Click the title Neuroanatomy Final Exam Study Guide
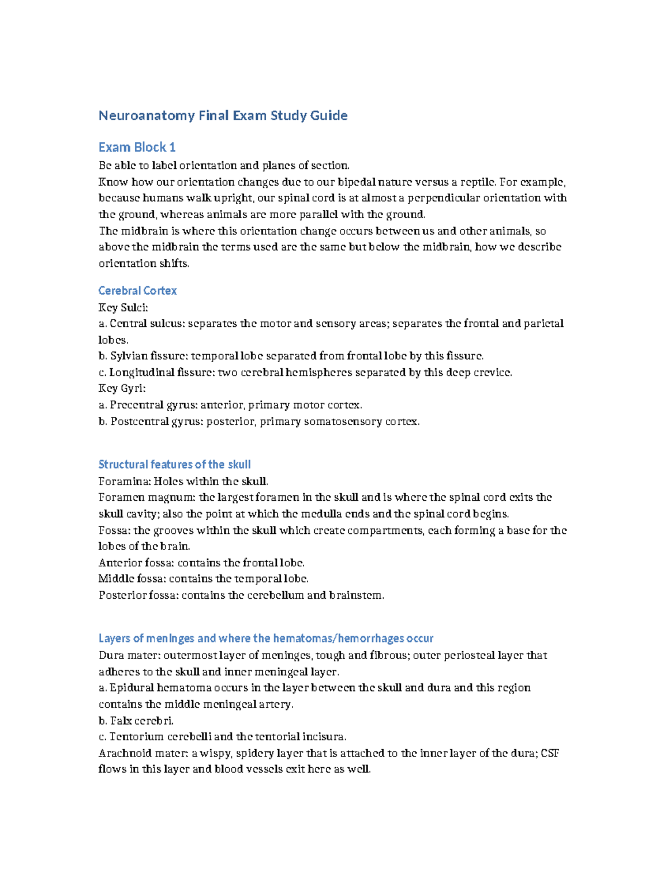coord(223,116)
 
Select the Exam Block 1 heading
coord(137,147)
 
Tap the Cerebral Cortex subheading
coord(138,290)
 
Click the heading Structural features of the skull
coord(174,464)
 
